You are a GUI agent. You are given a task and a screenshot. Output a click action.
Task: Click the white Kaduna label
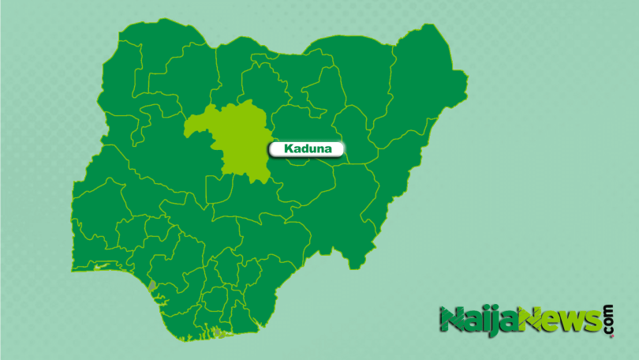point(306,148)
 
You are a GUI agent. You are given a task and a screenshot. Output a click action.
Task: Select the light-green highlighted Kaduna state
point(237,142)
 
